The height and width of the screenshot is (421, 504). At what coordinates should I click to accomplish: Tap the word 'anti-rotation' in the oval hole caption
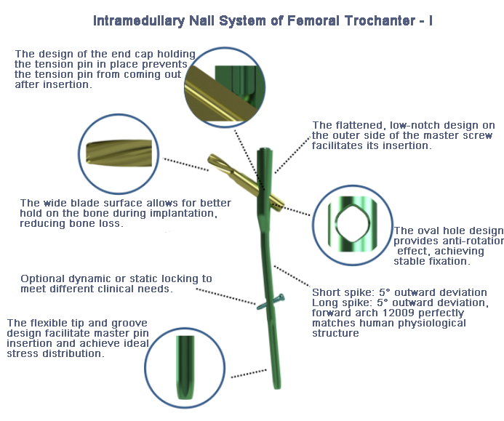(x=465, y=241)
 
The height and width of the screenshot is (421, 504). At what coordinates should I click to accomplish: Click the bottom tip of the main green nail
(x=277, y=385)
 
